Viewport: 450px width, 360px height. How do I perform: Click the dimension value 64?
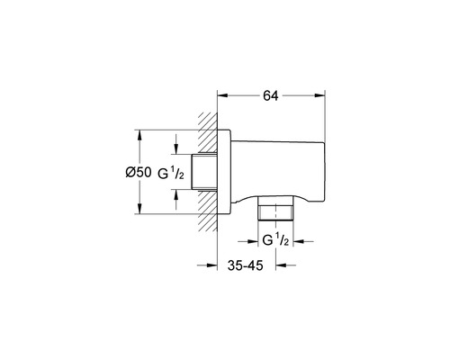coord(271,96)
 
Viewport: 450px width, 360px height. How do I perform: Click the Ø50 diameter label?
coord(139,173)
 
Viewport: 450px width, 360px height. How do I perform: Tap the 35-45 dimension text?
coord(245,265)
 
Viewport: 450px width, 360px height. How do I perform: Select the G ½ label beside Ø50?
coord(171,174)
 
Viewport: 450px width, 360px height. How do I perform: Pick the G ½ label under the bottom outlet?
coord(275,240)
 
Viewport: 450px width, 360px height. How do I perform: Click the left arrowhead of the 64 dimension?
coord(222,95)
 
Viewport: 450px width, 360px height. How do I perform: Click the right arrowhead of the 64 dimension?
coord(319,95)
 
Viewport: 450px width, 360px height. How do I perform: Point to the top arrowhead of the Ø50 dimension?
coord(139,135)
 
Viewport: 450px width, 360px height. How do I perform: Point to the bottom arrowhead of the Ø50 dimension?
coord(139,209)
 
